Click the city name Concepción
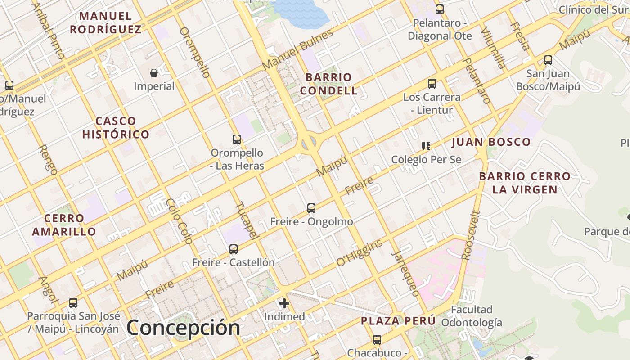(183, 327)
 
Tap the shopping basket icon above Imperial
(154, 72)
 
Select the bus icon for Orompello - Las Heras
(237, 139)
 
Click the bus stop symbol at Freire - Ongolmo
(311, 208)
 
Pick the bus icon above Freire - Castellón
(234, 249)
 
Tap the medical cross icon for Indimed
(284, 303)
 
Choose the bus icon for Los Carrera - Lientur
(432, 84)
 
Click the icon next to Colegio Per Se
(426, 146)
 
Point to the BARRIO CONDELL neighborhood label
(328, 84)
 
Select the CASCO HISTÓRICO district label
(116, 128)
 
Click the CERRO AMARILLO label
(64, 225)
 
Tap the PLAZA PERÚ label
(398, 321)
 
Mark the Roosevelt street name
(471, 236)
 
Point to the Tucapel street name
(247, 220)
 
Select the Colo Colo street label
(179, 221)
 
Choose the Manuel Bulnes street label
(297, 49)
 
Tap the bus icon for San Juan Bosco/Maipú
(548, 60)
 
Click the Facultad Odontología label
(472, 316)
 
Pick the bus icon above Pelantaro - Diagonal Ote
(440, 9)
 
